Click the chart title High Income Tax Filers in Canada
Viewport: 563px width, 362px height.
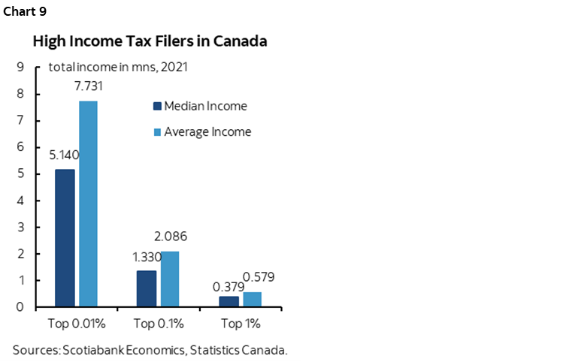[150, 41]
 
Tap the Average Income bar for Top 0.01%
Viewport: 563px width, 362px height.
[88, 204]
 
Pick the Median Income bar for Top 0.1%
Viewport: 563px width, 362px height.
[147, 288]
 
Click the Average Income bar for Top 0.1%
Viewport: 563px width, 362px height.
[170, 279]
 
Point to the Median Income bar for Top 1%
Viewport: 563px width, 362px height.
[229, 301]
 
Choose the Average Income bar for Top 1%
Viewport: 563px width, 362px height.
[252, 299]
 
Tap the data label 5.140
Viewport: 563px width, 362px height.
[64, 155]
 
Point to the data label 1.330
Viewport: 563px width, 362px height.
[147, 257]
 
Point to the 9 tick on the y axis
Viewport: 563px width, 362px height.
[20, 67]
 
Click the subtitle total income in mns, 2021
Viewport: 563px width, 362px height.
[117, 67]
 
